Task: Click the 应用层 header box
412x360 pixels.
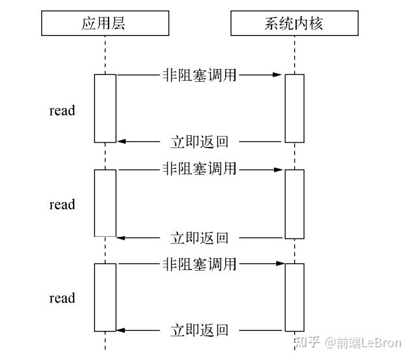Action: pyautogui.click(x=105, y=24)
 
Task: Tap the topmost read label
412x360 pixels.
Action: pyautogui.click(x=62, y=110)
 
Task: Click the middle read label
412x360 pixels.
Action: pyautogui.click(x=62, y=204)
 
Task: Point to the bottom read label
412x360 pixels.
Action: pyautogui.click(x=62, y=298)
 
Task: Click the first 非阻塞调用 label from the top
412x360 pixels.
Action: pyautogui.click(x=200, y=74)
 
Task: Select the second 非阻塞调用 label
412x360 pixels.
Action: pyautogui.click(x=200, y=169)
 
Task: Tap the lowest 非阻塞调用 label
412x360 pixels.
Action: pyautogui.click(x=200, y=264)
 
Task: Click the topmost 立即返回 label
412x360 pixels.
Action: pyautogui.click(x=200, y=142)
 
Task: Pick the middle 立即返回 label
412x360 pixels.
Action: pyautogui.click(x=200, y=237)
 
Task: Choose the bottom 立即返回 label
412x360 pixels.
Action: pyautogui.click(x=200, y=331)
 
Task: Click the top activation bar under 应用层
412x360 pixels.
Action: pyautogui.click(x=105, y=108)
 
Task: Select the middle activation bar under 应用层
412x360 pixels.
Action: pyautogui.click(x=105, y=203)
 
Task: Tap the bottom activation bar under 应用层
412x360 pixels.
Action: pyautogui.click(x=105, y=297)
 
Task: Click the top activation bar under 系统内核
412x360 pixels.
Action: pyautogui.click(x=294, y=108)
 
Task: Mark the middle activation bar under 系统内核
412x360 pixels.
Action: pyautogui.click(x=294, y=203)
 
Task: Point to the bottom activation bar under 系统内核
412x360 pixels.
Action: pyautogui.click(x=294, y=297)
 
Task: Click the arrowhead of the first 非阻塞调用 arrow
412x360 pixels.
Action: pyautogui.click(x=280, y=74)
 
